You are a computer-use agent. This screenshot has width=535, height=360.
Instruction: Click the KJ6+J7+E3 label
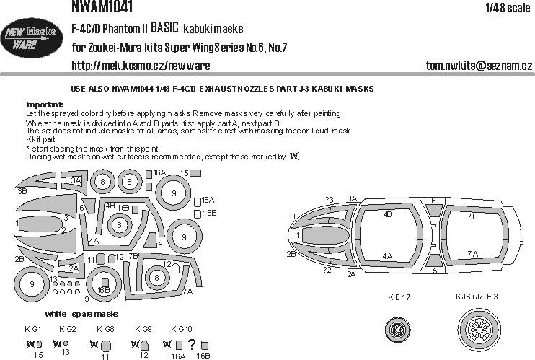477,297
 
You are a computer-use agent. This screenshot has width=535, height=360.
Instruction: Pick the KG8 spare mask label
105,329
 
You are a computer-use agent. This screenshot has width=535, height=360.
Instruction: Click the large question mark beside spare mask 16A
192,344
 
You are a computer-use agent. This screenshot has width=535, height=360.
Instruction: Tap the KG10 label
182,329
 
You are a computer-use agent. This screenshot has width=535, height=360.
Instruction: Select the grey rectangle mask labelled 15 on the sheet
195,173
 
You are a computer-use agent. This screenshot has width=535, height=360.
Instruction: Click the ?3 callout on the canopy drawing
329,200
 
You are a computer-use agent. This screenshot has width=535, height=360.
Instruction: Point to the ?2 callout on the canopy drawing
327,269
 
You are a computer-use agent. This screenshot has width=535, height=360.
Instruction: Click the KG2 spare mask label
67,329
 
